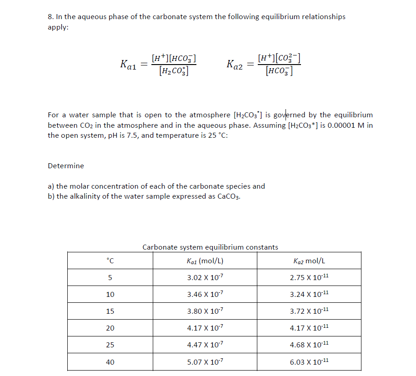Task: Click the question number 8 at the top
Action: (50, 17)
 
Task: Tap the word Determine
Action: (66, 166)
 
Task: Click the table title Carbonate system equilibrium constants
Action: (210, 247)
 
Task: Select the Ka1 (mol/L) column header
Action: (205, 261)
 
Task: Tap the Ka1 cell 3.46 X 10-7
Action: (205, 294)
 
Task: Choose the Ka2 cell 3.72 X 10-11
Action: (309, 311)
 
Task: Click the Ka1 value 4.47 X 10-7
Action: (205, 345)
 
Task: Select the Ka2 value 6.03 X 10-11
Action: (309, 362)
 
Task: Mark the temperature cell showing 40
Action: (110, 362)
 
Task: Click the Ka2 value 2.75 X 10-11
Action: (309, 277)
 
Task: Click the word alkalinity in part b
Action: (84, 196)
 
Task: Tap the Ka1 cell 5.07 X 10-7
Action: (205, 362)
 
